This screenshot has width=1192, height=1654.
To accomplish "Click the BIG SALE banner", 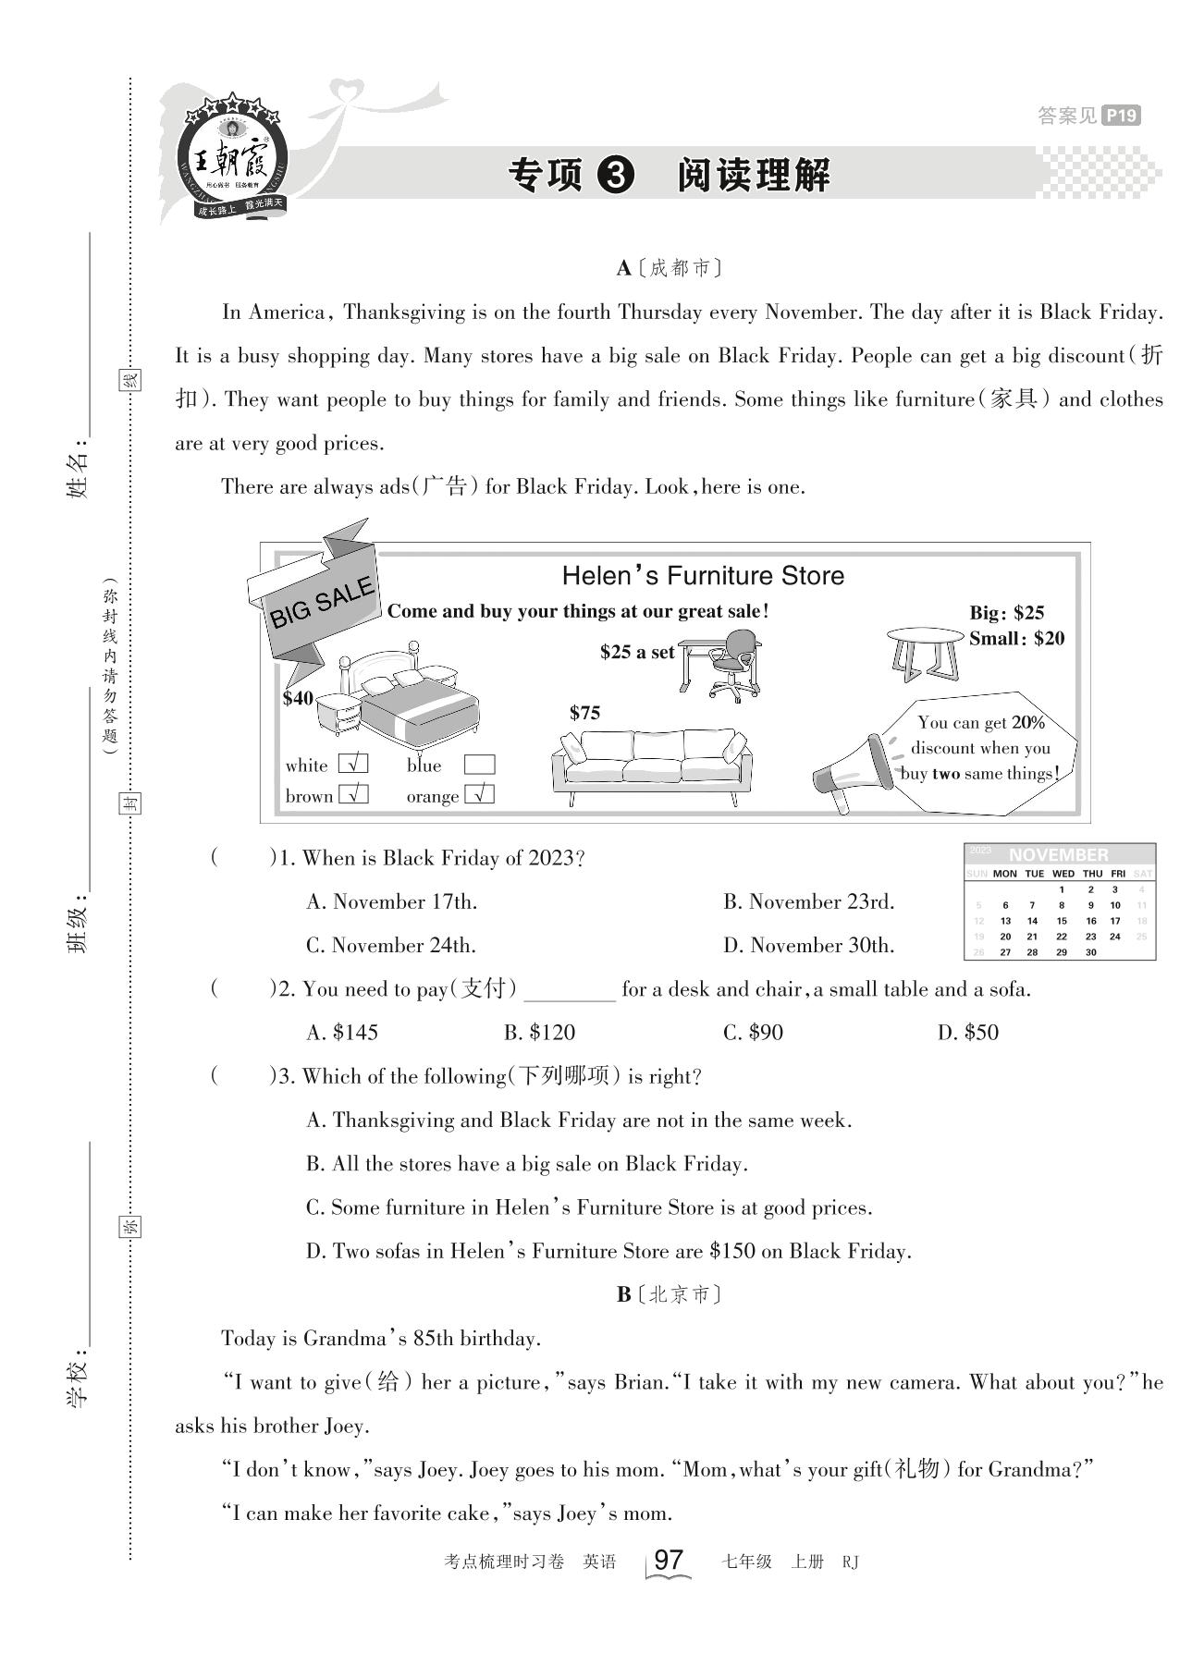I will pyautogui.click(x=319, y=602).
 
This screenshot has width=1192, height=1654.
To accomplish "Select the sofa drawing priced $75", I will pyautogui.click(x=651, y=763).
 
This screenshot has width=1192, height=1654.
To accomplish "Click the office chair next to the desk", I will pyautogui.click(x=736, y=664).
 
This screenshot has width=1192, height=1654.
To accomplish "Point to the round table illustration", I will pyautogui.click(x=925, y=651).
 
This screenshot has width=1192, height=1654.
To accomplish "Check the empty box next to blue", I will pyautogui.click(x=479, y=765).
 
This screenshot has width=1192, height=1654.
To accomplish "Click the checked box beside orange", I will pyautogui.click(x=479, y=795).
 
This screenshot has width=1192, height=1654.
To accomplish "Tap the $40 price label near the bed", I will pyautogui.click(x=298, y=698).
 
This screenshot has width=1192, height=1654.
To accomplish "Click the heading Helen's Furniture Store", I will pyautogui.click(x=703, y=576).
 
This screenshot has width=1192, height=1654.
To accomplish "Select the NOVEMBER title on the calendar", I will pyautogui.click(x=1058, y=854).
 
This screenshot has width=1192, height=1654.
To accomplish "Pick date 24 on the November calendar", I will pyautogui.click(x=1115, y=936).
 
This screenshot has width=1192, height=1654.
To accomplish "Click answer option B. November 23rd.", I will pyautogui.click(x=808, y=901).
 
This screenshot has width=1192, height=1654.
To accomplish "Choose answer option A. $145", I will pyautogui.click(x=342, y=1033).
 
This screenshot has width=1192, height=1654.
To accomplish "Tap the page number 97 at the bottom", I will pyautogui.click(x=668, y=1560).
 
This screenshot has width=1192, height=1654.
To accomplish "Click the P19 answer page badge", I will pyautogui.click(x=1122, y=116).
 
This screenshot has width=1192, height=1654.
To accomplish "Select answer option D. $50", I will pyautogui.click(x=967, y=1033).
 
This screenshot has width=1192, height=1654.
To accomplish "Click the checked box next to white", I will pyautogui.click(x=353, y=765).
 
